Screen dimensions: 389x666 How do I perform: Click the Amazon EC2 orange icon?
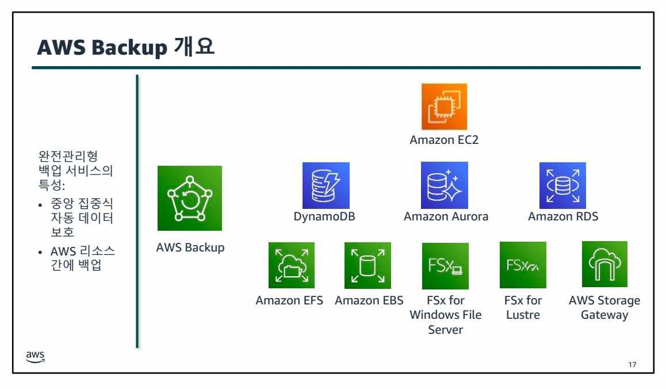[444, 106]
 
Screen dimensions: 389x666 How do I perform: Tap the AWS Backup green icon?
[190, 198]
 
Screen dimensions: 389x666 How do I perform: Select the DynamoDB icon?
[326, 185]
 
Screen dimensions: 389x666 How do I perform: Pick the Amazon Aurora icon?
[445, 185]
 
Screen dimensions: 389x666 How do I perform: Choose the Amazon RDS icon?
[562, 185]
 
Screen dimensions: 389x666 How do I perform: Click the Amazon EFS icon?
[292, 265]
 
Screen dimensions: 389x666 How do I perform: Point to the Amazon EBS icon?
[368, 265]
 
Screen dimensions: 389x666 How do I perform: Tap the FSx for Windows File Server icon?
[445, 266]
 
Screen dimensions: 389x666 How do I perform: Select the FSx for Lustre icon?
[523, 265]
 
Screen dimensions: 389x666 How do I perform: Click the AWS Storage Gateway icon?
[604, 264]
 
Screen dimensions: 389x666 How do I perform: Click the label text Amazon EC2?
[444, 140]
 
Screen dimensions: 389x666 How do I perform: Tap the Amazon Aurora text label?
[446, 217]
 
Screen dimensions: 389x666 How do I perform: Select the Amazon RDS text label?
[563, 217]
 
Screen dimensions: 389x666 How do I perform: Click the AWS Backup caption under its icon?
[190, 248]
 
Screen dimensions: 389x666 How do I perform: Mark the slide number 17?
[633, 365]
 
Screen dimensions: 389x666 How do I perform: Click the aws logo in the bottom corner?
[35, 357]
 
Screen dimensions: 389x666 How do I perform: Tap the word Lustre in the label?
[523, 315]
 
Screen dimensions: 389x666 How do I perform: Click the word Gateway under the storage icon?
[604, 315]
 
